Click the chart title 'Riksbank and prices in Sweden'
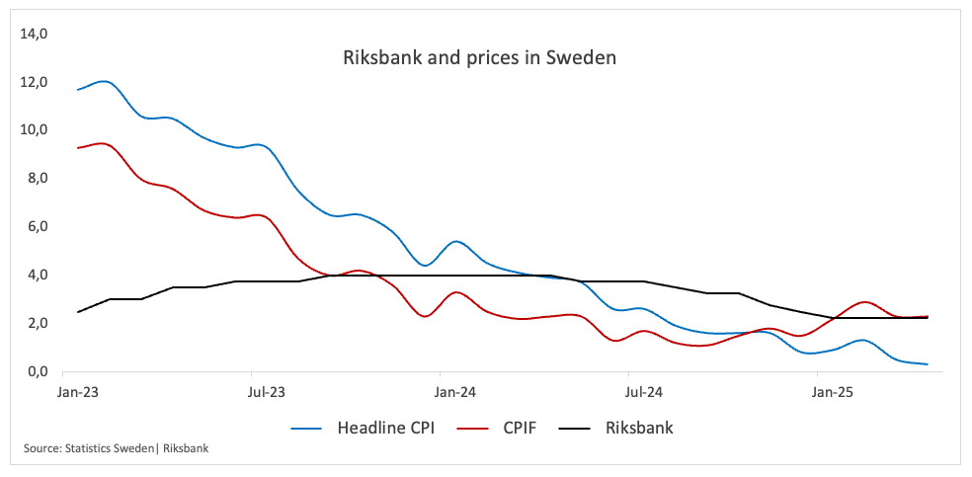(479, 58)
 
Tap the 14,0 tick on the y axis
(34, 34)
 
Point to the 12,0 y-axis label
(34, 82)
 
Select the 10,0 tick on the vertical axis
(34, 130)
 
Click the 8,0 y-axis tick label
(37, 179)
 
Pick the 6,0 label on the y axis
(37, 227)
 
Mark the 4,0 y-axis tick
(37, 276)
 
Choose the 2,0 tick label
(37, 324)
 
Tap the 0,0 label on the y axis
(37, 372)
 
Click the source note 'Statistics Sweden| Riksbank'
(117, 449)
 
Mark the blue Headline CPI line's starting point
(78, 90)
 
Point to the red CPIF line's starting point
(78, 148)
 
